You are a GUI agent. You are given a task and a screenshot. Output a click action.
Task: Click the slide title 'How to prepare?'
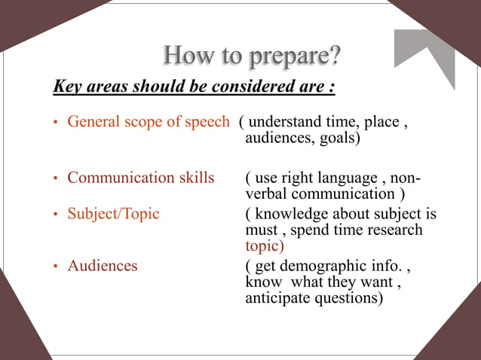coord(252,55)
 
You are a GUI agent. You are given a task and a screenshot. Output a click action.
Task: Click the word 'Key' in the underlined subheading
coord(66,87)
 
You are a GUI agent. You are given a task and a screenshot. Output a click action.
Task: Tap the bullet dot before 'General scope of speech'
coord(55,123)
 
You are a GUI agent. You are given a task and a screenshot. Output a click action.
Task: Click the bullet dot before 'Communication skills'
coord(55,179)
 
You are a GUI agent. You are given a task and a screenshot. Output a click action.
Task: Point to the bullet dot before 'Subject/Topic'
coord(55,215)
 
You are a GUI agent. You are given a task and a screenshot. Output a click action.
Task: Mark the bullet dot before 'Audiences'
coord(55,267)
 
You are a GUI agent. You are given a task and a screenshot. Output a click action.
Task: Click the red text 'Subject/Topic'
coord(113,214)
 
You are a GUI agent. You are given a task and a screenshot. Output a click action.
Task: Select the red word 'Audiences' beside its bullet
coord(103,266)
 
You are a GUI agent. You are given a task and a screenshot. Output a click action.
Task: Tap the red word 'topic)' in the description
coord(265,246)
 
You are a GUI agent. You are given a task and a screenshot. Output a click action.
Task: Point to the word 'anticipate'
coord(278,297)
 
